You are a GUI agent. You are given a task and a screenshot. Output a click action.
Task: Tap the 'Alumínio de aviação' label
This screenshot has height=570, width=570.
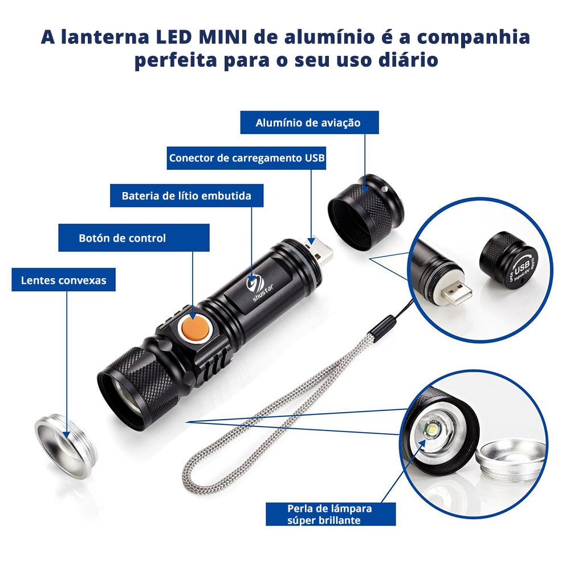point(308,123)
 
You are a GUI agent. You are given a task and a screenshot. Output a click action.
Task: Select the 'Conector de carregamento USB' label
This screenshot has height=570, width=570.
point(247,158)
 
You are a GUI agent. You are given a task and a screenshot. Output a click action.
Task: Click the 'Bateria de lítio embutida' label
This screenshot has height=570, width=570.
point(186,196)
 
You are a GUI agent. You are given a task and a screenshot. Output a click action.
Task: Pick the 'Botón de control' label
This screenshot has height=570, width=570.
point(123,238)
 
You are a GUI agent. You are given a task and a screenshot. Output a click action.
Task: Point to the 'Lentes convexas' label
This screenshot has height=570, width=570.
point(63,280)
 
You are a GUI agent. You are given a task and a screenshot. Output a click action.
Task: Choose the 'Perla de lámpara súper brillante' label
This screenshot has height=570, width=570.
point(330,514)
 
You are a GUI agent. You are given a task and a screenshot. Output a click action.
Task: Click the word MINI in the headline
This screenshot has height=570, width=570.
point(224,37)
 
